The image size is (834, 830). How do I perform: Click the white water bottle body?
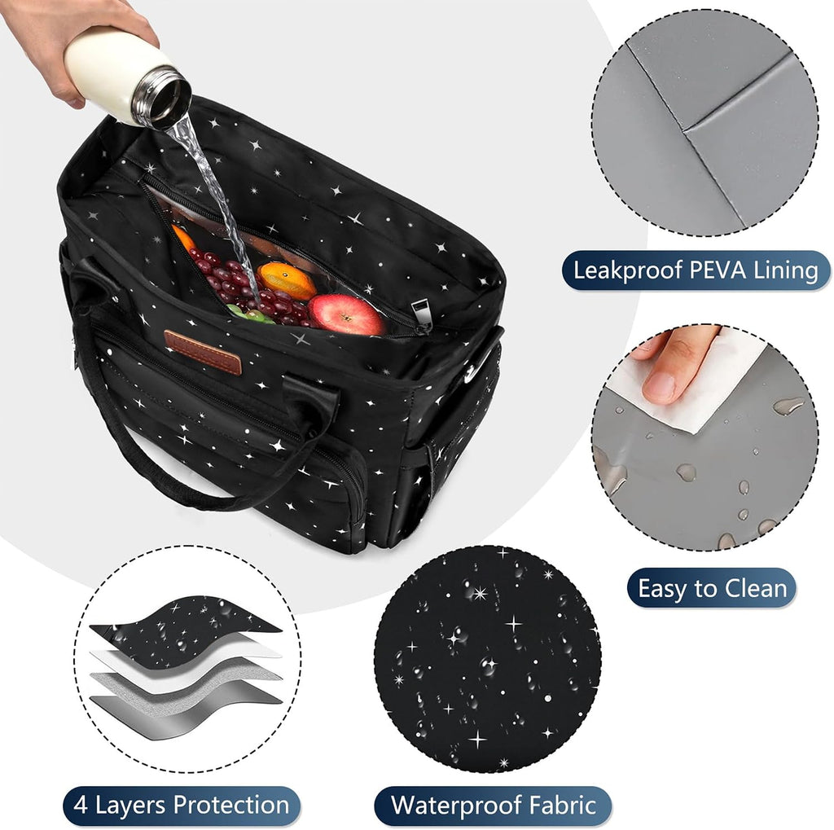[109, 73]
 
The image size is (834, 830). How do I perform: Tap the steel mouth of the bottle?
[162, 98]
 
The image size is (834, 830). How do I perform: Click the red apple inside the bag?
[346, 314]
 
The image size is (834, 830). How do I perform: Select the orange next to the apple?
[287, 280]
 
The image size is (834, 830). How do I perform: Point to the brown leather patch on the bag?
[203, 352]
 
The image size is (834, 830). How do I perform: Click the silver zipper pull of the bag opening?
[420, 317]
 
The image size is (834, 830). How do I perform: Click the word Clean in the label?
[756, 588]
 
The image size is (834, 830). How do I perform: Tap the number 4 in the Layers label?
[81, 805]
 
